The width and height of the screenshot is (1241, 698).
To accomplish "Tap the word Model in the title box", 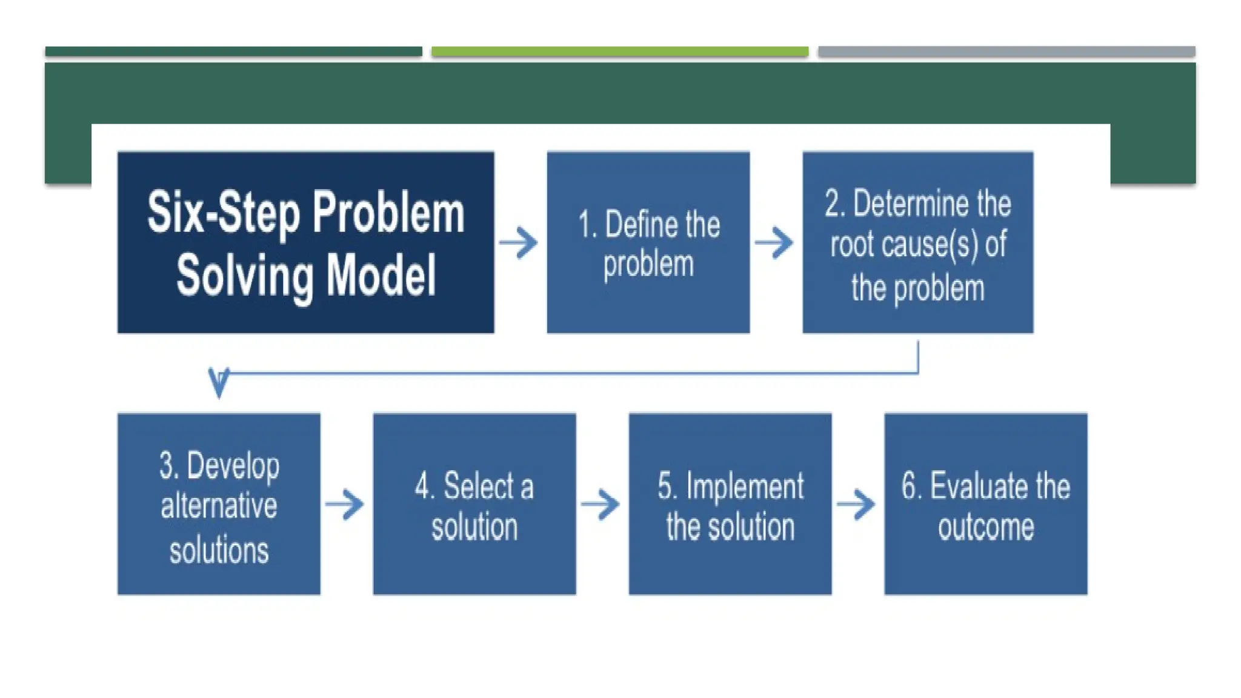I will (x=381, y=276).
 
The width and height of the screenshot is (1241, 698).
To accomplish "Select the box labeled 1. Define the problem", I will (x=648, y=242).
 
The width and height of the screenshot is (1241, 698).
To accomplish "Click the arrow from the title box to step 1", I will (x=519, y=243).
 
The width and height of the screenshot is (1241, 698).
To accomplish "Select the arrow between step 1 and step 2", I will (x=774, y=243).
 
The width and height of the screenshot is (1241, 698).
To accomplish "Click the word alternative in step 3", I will (x=219, y=506).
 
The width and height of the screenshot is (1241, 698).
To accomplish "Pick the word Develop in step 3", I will (x=233, y=466).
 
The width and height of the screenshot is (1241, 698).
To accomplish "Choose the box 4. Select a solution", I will (x=474, y=504).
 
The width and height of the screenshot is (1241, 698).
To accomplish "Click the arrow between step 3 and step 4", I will (x=344, y=504).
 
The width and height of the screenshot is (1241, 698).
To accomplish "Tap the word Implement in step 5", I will (x=745, y=487).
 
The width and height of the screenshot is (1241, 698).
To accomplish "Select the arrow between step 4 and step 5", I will (x=600, y=504).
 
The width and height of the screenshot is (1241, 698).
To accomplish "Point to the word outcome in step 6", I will (x=986, y=527).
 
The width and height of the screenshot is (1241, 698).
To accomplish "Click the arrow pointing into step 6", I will (x=856, y=504).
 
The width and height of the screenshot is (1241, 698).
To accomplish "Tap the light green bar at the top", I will (x=619, y=52).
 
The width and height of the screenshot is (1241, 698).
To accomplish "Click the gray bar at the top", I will (x=1006, y=52).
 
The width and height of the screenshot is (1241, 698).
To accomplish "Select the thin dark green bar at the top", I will (x=233, y=52).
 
